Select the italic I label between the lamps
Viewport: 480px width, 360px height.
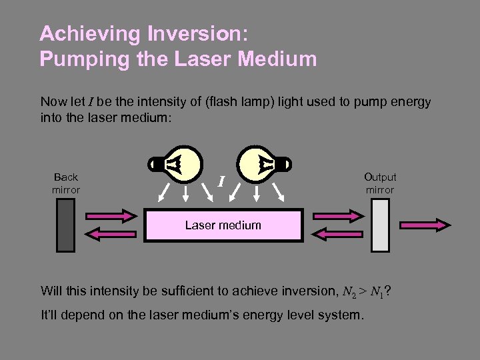click(x=221, y=179)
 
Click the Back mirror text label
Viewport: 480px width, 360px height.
click(x=66, y=183)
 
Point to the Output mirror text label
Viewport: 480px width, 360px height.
click(x=380, y=183)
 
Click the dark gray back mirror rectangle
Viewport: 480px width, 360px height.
click(x=65, y=225)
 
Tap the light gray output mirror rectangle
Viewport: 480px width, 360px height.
click(x=380, y=225)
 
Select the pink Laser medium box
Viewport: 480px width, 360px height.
click(x=223, y=225)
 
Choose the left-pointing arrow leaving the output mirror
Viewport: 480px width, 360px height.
click(x=336, y=234)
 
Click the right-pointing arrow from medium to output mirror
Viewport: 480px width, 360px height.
click(x=336, y=215)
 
